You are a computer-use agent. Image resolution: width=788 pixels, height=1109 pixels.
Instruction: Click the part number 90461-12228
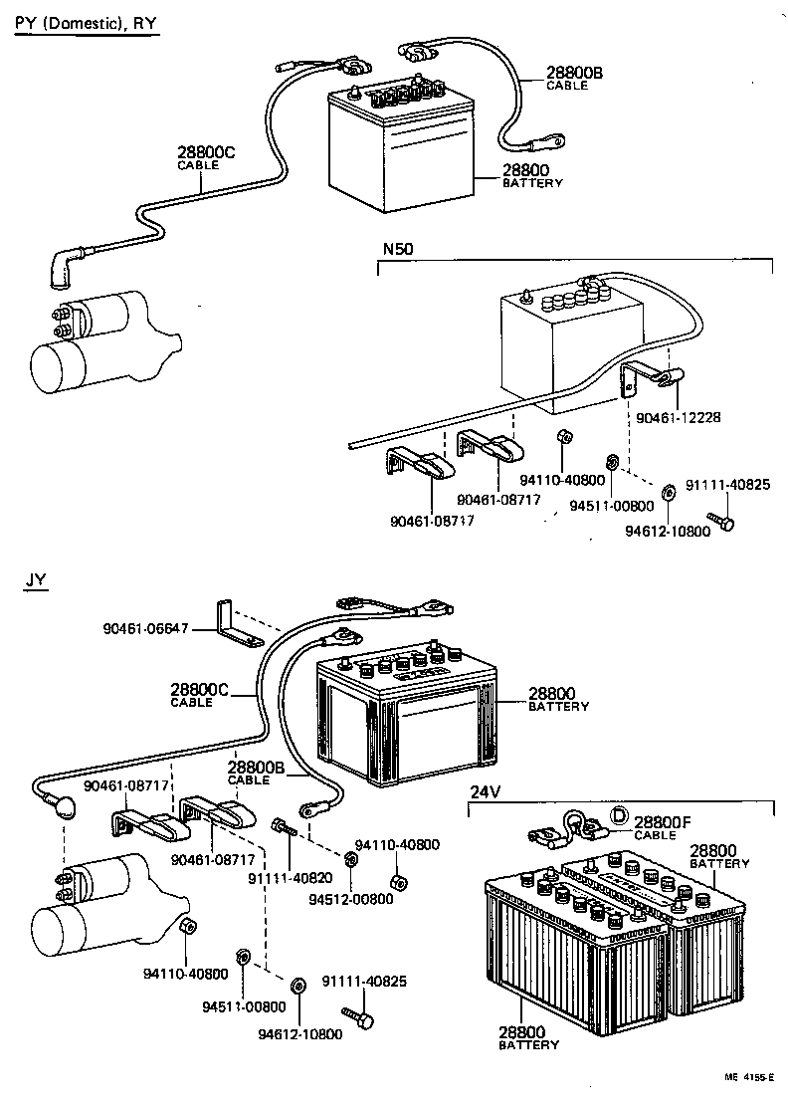pyautogui.click(x=681, y=417)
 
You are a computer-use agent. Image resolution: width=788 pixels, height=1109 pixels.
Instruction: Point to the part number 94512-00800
pyautogui.click(x=350, y=899)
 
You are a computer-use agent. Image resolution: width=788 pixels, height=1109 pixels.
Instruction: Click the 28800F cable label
pyautogui.click(x=661, y=823)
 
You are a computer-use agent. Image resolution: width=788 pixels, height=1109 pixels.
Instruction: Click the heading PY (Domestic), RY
pyautogui.click(x=86, y=21)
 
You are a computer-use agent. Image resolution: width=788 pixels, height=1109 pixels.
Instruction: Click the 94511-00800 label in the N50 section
pyautogui.click(x=612, y=505)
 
